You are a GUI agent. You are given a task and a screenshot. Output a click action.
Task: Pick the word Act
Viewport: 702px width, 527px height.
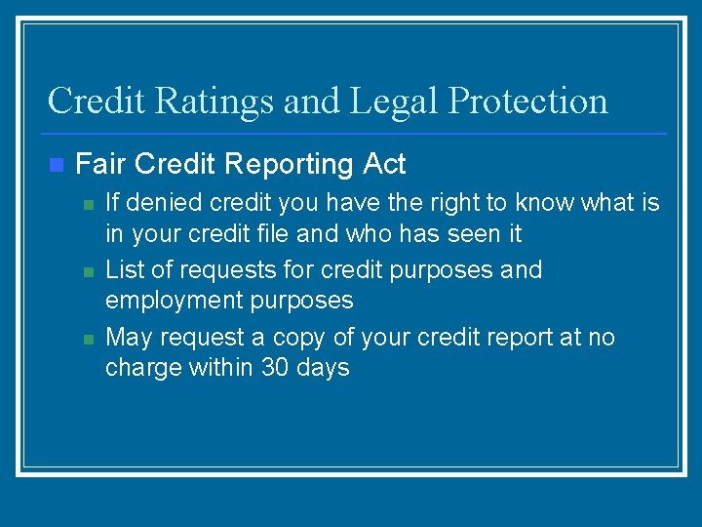tap(384, 164)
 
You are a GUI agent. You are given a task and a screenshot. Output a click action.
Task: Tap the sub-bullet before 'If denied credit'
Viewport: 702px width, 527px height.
tap(87, 205)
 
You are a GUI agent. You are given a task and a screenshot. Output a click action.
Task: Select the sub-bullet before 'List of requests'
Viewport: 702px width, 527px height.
tap(87, 271)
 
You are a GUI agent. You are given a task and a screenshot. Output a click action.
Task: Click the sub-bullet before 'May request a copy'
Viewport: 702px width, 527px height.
tap(87, 339)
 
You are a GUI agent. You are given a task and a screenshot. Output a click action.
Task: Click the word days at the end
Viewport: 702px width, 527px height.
tap(325, 369)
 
